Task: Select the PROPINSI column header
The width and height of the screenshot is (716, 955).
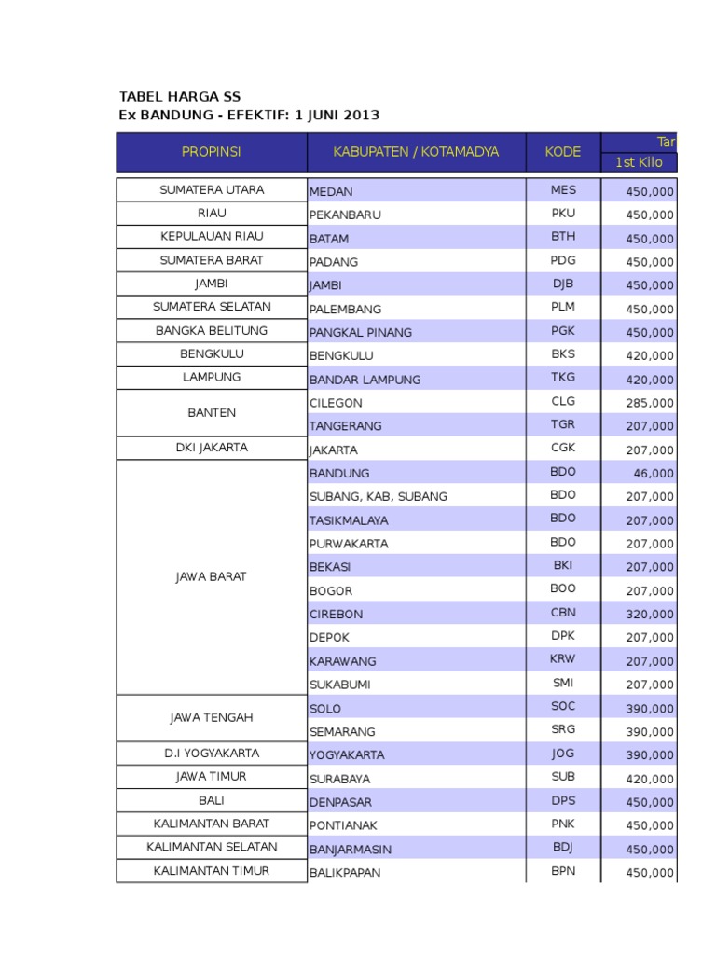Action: pos(212,152)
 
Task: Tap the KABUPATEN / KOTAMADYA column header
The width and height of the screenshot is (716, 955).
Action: pos(416,152)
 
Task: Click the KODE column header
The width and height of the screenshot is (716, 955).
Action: pos(563,152)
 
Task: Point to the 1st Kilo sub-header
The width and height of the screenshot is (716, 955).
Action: pos(638,163)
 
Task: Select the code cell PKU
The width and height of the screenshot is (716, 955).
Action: pos(563,214)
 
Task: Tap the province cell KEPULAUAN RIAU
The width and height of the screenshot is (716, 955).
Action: pos(212,237)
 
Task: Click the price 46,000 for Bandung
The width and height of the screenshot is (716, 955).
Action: pos(654,474)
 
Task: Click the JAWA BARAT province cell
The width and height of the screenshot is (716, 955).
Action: pos(212,577)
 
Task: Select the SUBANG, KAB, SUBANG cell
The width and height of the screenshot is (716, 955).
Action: pos(379,496)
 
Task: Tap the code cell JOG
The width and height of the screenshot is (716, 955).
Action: pos(563,754)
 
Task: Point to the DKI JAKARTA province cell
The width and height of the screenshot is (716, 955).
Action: pos(212,448)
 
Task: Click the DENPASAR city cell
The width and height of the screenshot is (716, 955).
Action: pos(341,802)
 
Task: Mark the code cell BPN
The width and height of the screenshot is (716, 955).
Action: pos(563,871)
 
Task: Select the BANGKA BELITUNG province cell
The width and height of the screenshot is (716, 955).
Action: pos(212,331)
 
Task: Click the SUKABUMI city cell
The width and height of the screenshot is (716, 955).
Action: pos(340,685)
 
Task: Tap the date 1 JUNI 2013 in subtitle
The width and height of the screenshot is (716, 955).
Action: pos(337,116)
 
